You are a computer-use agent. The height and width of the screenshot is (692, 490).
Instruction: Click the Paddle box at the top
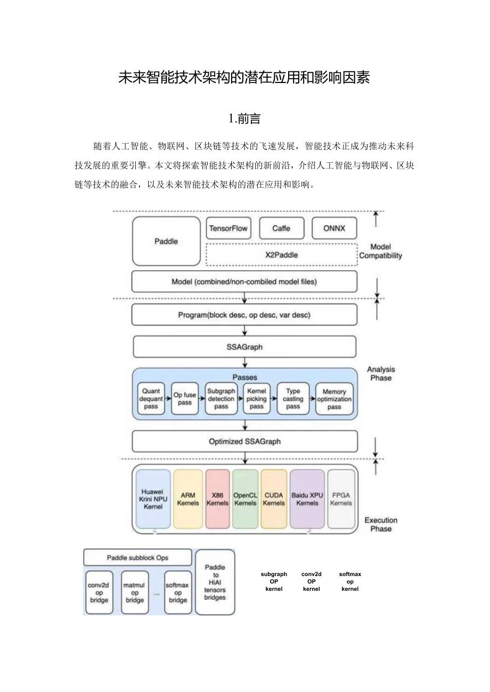tap(166, 241)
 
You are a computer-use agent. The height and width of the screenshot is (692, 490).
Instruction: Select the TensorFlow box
tap(228, 228)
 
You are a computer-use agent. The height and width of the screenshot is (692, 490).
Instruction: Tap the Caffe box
tap(281, 228)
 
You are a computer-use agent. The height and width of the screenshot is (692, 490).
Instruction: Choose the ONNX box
tap(334, 228)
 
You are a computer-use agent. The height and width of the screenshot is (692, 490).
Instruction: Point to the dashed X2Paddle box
tap(281, 254)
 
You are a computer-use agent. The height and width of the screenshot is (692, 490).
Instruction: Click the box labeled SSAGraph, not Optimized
tap(244, 347)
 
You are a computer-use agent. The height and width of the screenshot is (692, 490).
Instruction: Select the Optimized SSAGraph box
tap(244, 441)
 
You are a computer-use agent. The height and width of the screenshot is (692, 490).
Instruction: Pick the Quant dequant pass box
tap(151, 399)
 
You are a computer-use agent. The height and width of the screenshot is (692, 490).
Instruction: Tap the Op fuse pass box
tap(184, 399)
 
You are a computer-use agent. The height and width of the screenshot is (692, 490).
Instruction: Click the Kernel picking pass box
tap(256, 399)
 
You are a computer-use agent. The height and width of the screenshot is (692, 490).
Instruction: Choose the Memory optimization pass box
tap(334, 399)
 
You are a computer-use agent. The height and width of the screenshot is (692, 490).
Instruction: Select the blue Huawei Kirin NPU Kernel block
tap(153, 499)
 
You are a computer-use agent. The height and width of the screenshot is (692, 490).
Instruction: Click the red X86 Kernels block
tap(217, 499)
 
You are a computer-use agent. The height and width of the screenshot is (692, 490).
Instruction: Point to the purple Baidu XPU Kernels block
tap(307, 499)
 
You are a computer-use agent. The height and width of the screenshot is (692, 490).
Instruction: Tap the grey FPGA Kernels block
tap(341, 499)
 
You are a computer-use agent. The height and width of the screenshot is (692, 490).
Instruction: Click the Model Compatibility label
tap(380, 251)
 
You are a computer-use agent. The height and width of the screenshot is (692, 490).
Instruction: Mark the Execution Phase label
tap(381, 524)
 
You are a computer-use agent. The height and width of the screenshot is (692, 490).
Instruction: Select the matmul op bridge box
tap(135, 593)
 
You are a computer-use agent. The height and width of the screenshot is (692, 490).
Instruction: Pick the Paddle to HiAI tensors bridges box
tap(215, 582)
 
